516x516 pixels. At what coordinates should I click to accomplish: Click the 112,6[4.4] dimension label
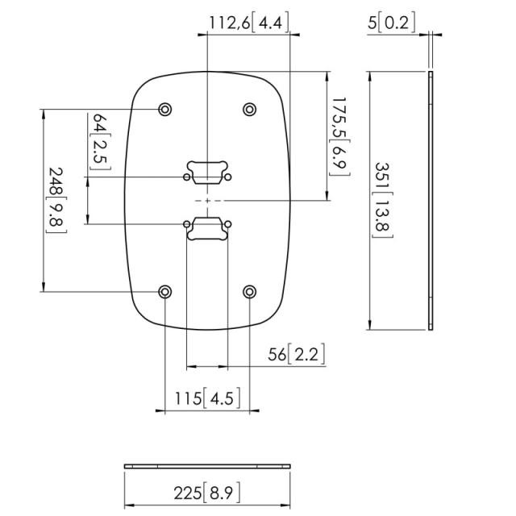point(248,22)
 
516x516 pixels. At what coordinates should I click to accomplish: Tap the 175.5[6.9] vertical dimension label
point(338,133)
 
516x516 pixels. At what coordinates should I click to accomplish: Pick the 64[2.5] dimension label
point(101,142)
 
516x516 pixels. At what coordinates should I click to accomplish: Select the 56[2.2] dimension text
point(298,355)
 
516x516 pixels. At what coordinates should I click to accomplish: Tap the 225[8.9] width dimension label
point(207,493)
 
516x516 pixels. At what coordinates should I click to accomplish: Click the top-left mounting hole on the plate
point(165,109)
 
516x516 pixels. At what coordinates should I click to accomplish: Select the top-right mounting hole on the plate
point(249,109)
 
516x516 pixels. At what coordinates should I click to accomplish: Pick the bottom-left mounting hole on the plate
point(165,291)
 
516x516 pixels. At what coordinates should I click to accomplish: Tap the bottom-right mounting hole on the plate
point(249,291)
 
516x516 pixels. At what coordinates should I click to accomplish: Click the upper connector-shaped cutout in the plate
point(207,169)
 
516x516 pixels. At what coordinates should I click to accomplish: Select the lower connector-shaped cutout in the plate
point(207,227)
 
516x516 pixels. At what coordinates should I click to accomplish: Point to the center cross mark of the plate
point(207,199)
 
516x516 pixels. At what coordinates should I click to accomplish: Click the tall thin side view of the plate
point(431,200)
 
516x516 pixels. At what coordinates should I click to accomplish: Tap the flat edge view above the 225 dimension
point(207,466)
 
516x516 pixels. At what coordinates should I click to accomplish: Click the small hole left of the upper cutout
point(187,176)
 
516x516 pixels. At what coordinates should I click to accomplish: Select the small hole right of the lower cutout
point(228,223)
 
